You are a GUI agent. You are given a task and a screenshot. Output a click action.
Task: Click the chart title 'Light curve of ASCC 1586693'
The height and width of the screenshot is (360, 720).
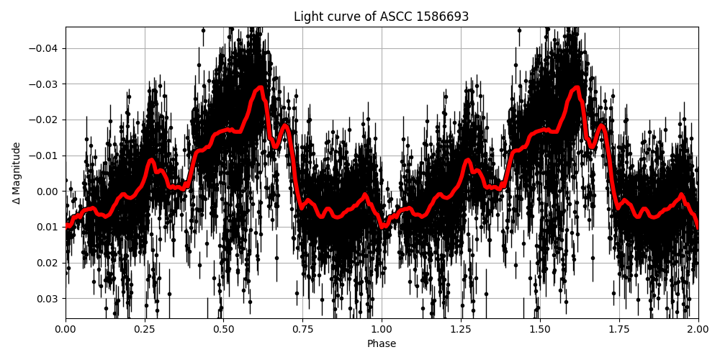pyautogui.click(x=381, y=17)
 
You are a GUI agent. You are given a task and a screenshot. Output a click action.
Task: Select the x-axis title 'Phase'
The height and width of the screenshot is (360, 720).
pyautogui.click(x=381, y=344)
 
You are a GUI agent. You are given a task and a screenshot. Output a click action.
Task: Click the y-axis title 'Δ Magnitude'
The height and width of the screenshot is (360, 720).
pyautogui.click(x=17, y=173)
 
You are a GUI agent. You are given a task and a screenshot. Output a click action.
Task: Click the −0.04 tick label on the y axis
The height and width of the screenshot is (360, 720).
pyautogui.click(x=45, y=48)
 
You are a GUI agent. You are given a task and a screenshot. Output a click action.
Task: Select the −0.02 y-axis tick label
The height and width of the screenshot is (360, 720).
pyautogui.click(x=45, y=120)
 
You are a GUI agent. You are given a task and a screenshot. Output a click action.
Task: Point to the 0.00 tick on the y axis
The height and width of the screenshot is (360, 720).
pyautogui.click(x=48, y=191)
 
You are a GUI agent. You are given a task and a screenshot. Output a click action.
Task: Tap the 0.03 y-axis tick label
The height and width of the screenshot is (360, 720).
pyautogui.click(x=48, y=298)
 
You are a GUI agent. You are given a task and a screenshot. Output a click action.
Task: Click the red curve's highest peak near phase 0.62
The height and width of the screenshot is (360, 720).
pyautogui.click(x=261, y=88)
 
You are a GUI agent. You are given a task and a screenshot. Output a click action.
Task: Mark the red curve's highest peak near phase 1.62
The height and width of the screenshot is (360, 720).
pyautogui.click(x=577, y=88)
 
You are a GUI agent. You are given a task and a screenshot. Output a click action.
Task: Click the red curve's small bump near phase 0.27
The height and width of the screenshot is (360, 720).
pyautogui.click(x=151, y=161)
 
